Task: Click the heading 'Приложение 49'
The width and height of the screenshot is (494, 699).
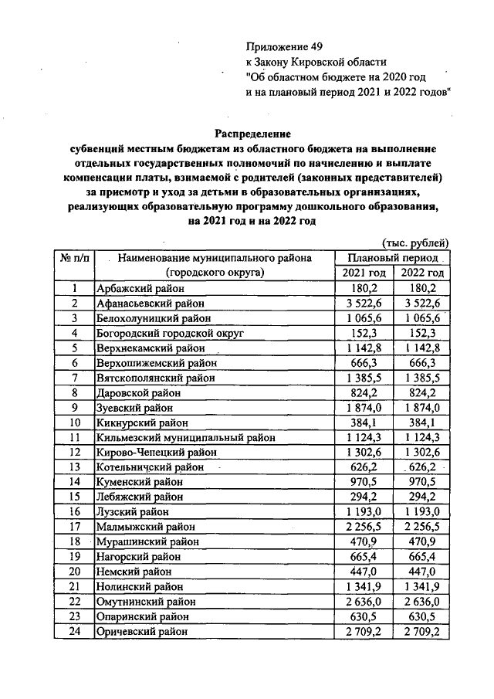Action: point(281,46)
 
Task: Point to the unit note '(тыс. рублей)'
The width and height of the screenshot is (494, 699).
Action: point(415,243)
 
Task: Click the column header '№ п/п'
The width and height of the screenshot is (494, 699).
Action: point(73,257)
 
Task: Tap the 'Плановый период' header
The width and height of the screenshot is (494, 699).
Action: point(393,257)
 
